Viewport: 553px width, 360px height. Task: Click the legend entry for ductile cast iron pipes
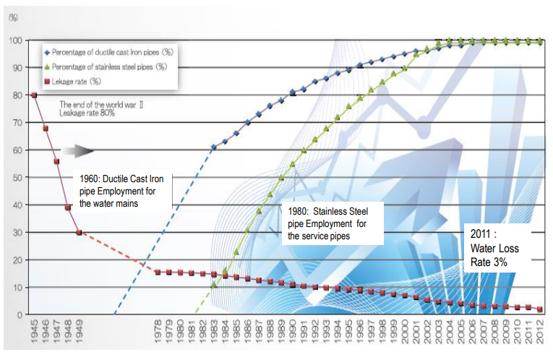click(x=109, y=52)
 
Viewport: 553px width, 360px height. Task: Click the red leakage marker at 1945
click(x=34, y=95)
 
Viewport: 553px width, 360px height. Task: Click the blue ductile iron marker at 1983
click(x=214, y=147)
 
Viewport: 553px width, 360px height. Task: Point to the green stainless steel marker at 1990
click(x=293, y=164)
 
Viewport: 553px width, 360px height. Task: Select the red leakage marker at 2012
click(x=540, y=309)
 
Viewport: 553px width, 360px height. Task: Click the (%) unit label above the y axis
click(x=12, y=17)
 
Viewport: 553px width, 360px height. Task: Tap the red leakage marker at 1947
click(x=56, y=161)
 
